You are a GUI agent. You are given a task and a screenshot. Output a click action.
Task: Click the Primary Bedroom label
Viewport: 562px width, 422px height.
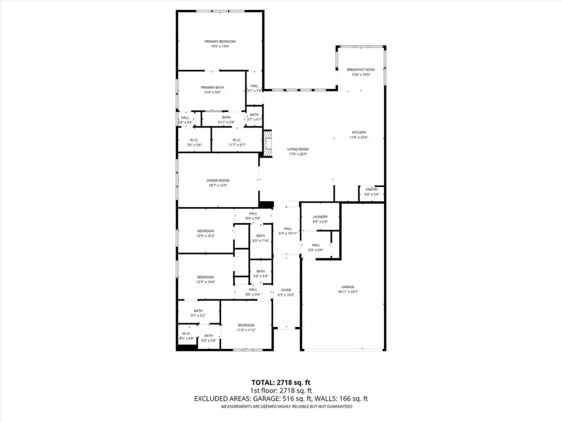220,41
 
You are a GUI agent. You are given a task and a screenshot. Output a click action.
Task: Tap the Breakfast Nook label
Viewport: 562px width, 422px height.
361,69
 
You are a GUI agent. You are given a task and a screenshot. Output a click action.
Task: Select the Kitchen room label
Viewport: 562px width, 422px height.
358,132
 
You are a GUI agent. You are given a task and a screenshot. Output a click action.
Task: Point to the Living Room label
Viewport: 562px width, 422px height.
298,149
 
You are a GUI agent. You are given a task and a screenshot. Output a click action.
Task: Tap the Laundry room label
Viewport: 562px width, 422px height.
320,217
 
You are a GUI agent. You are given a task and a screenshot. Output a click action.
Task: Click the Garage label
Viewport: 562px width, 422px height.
348,286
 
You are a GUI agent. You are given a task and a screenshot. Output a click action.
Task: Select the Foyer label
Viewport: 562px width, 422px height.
286,290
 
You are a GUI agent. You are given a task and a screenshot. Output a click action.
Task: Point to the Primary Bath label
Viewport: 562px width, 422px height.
212,88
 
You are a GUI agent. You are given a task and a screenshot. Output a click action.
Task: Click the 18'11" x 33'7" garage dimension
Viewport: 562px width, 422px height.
348,291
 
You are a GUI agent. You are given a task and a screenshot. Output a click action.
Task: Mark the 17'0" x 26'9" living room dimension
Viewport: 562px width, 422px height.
298,154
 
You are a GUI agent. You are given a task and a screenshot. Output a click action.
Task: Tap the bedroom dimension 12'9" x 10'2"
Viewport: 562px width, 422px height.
206,236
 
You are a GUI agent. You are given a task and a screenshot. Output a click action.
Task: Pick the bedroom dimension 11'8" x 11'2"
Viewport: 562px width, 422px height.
246,330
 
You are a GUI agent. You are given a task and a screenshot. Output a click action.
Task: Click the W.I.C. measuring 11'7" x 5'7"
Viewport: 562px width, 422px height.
237,144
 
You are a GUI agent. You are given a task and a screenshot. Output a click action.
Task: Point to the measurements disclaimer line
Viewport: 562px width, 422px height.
280,406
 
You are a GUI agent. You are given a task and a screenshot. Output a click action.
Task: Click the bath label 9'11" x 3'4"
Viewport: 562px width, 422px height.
226,119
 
